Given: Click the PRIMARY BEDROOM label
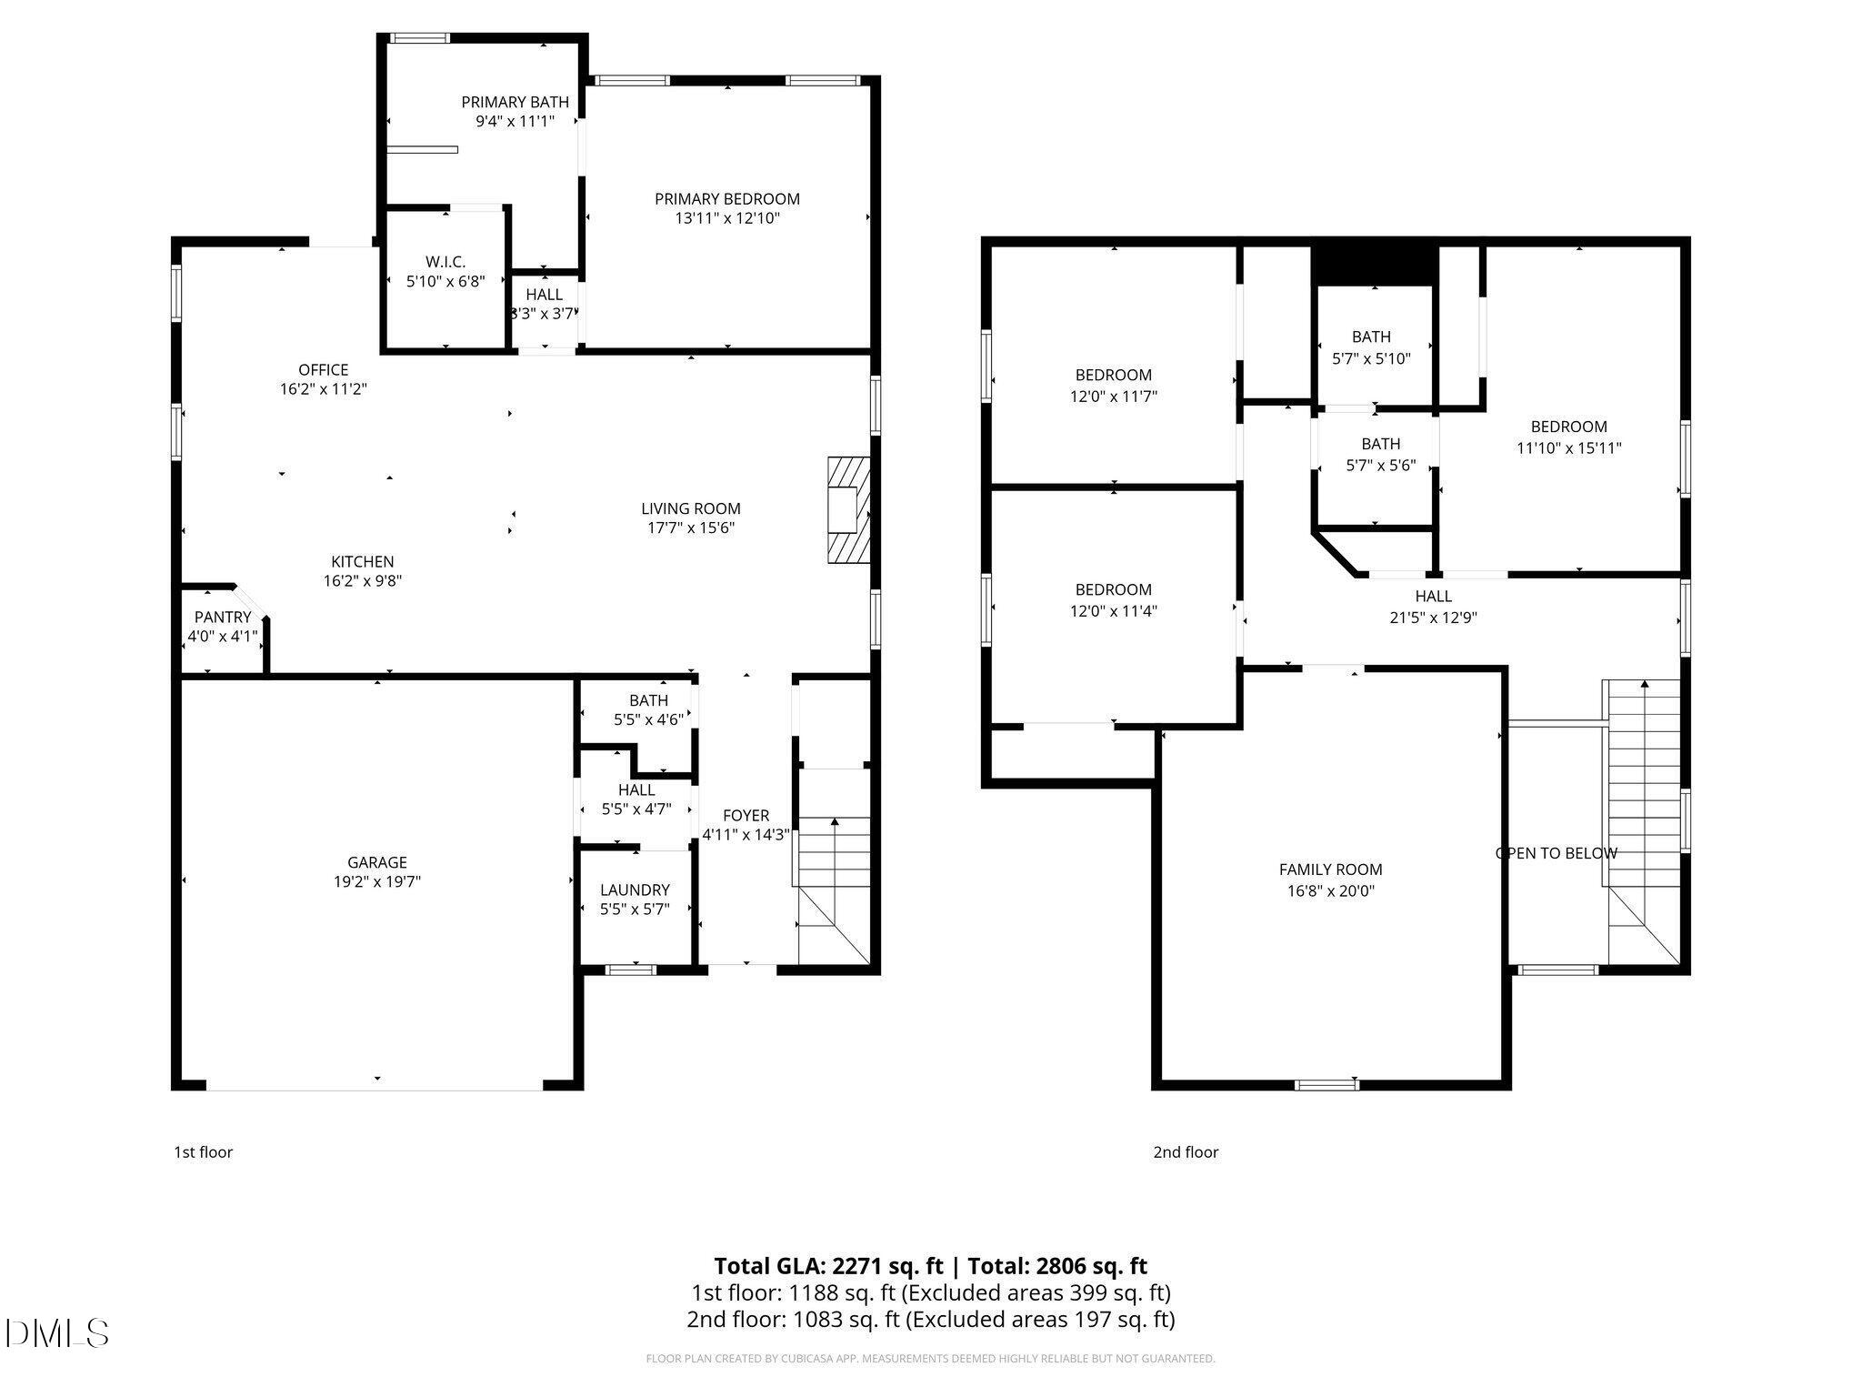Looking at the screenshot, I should pyautogui.click(x=726, y=199).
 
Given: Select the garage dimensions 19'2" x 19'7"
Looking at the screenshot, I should pyautogui.click(x=376, y=881).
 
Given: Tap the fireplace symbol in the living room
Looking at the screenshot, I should pyautogui.click(x=848, y=510).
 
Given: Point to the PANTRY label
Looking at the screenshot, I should pyautogui.click(x=222, y=618).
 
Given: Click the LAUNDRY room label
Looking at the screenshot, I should pyautogui.click(x=635, y=889).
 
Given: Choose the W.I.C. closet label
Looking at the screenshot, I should pyautogui.click(x=445, y=262).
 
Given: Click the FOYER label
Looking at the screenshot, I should pyautogui.click(x=746, y=816).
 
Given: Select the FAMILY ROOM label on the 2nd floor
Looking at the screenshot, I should pyautogui.click(x=1330, y=869).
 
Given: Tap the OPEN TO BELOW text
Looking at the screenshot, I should pyautogui.click(x=1556, y=853).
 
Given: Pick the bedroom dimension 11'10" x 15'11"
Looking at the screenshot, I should pyautogui.click(x=1568, y=447).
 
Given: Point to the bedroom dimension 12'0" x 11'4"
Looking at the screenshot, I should pyautogui.click(x=1113, y=611).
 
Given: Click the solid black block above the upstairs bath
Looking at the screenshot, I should pyautogui.click(x=1374, y=264).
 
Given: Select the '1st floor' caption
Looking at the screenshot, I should pyautogui.click(x=203, y=1152).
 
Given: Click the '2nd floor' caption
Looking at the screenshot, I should pyautogui.click(x=1185, y=1152).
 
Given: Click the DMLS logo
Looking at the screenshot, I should pyautogui.click(x=56, y=1333).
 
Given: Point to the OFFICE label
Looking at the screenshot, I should pyautogui.click(x=323, y=369).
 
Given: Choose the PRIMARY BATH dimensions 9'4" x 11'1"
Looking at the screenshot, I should pyautogui.click(x=515, y=121).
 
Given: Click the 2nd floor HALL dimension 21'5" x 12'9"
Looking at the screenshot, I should pyautogui.click(x=1433, y=618).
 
